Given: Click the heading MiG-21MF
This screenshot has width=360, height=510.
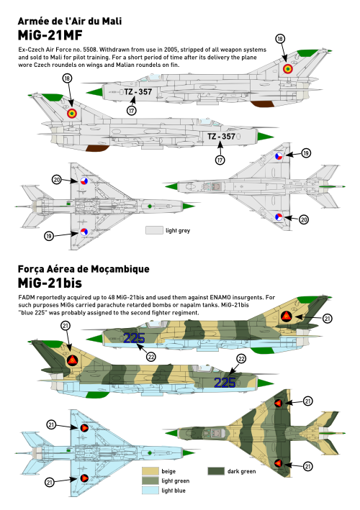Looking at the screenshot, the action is pyautogui.click(x=50, y=35).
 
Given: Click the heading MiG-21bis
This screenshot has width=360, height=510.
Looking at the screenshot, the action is pyautogui.click(x=50, y=283).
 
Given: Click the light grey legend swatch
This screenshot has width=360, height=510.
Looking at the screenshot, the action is pyautogui.click(x=154, y=230).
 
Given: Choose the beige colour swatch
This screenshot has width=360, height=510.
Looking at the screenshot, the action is pyautogui.click(x=150, y=471).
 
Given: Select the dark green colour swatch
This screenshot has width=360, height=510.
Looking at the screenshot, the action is pyautogui.click(x=216, y=471).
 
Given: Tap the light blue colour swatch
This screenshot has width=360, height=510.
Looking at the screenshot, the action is pyautogui.click(x=150, y=490).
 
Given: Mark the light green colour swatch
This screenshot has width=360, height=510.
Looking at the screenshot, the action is pyautogui.click(x=150, y=481).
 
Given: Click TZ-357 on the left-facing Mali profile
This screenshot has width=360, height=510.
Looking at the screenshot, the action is pyautogui.click(x=138, y=92).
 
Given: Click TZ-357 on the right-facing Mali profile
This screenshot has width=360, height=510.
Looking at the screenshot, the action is pyautogui.click(x=221, y=136).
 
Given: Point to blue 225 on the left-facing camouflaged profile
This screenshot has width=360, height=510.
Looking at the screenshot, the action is pyautogui.click(x=134, y=338).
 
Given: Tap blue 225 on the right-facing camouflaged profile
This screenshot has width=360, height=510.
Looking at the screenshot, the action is pyautogui.click(x=225, y=383).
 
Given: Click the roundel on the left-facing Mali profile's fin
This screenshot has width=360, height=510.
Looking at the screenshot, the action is pyautogui.click(x=287, y=69).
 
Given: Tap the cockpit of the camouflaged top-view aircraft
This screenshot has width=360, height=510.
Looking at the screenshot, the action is pyautogui.click(x=213, y=433).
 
